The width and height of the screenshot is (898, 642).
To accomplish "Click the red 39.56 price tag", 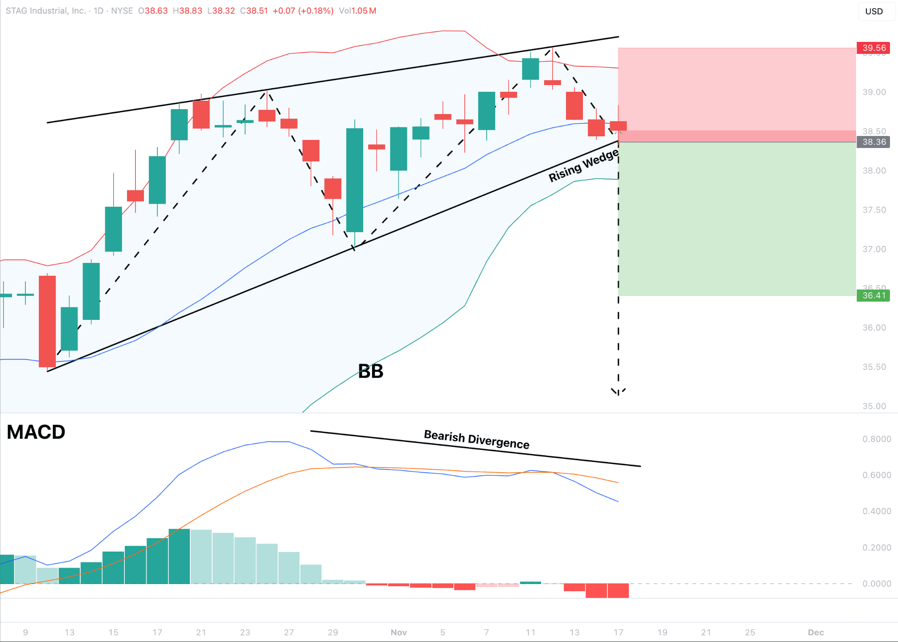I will click(873, 48).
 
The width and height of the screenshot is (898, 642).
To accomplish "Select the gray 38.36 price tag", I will click(873, 142).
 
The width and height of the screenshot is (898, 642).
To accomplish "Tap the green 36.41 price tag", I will click(873, 295).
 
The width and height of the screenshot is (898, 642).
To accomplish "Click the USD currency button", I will click(873, 11).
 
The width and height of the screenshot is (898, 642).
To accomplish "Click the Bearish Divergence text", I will click(476, 440).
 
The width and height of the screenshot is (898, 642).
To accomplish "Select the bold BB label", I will click(370, 371).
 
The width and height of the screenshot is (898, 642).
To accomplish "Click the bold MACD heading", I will click(36, 432).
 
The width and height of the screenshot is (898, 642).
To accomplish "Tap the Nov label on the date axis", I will click(398, 632).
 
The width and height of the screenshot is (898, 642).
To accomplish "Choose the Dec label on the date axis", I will click(816, 632).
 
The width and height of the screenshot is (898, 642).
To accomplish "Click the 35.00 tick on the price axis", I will click(874, 406).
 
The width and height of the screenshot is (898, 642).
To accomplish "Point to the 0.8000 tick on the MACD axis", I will click(877, 439).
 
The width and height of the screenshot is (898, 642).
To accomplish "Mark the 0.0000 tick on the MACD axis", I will click(877, 584).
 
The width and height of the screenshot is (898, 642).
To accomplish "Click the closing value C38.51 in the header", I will click(254, 11).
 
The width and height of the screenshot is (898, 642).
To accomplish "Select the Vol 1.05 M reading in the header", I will click(357, 11).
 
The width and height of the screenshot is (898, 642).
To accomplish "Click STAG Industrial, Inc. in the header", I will click(45, 11).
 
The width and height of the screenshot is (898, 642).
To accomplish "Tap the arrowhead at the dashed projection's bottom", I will click(618, 393).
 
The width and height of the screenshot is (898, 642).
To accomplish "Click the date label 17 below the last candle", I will click(618, 632).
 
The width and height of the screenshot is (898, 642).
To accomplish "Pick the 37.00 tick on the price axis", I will click(874, 249).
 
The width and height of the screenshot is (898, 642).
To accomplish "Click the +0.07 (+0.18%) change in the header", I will click(303, 11).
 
